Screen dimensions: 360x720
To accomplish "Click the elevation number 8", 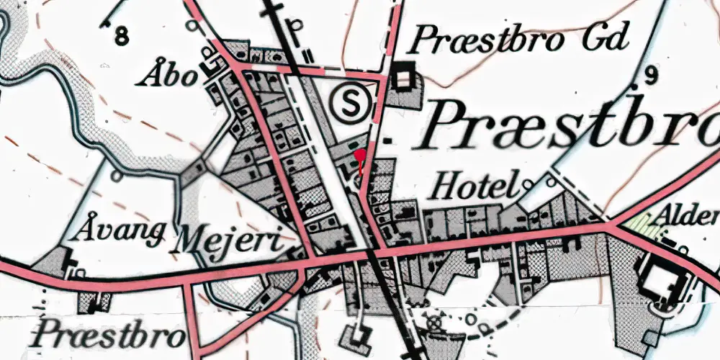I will point(122,34).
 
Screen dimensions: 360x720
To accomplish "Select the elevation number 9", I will point(652,74).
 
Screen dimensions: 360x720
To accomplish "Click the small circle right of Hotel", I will point(528,185).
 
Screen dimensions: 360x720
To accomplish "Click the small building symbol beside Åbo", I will point(212,66).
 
